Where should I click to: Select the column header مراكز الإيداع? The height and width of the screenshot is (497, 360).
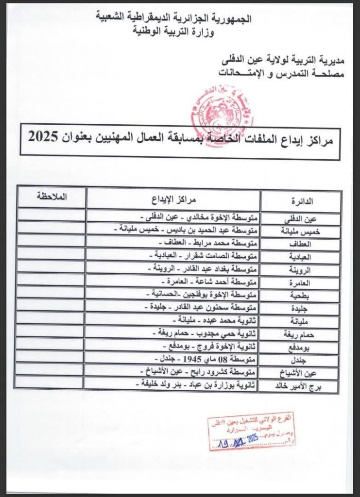[x=173, y=199]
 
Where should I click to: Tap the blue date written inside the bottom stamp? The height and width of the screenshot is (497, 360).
[x=238, y=440]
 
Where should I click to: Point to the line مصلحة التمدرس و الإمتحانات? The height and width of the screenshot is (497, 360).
[x=281, y=74]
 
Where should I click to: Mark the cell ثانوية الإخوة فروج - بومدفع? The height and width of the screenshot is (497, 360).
[x=210, y=347]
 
